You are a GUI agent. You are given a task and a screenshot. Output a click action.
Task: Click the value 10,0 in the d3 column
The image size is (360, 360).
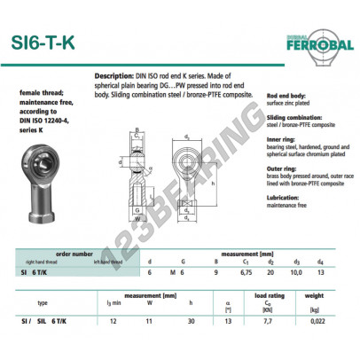tap(300, 271)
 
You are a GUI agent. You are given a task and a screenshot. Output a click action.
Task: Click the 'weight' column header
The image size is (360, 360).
tap(316, 295)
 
